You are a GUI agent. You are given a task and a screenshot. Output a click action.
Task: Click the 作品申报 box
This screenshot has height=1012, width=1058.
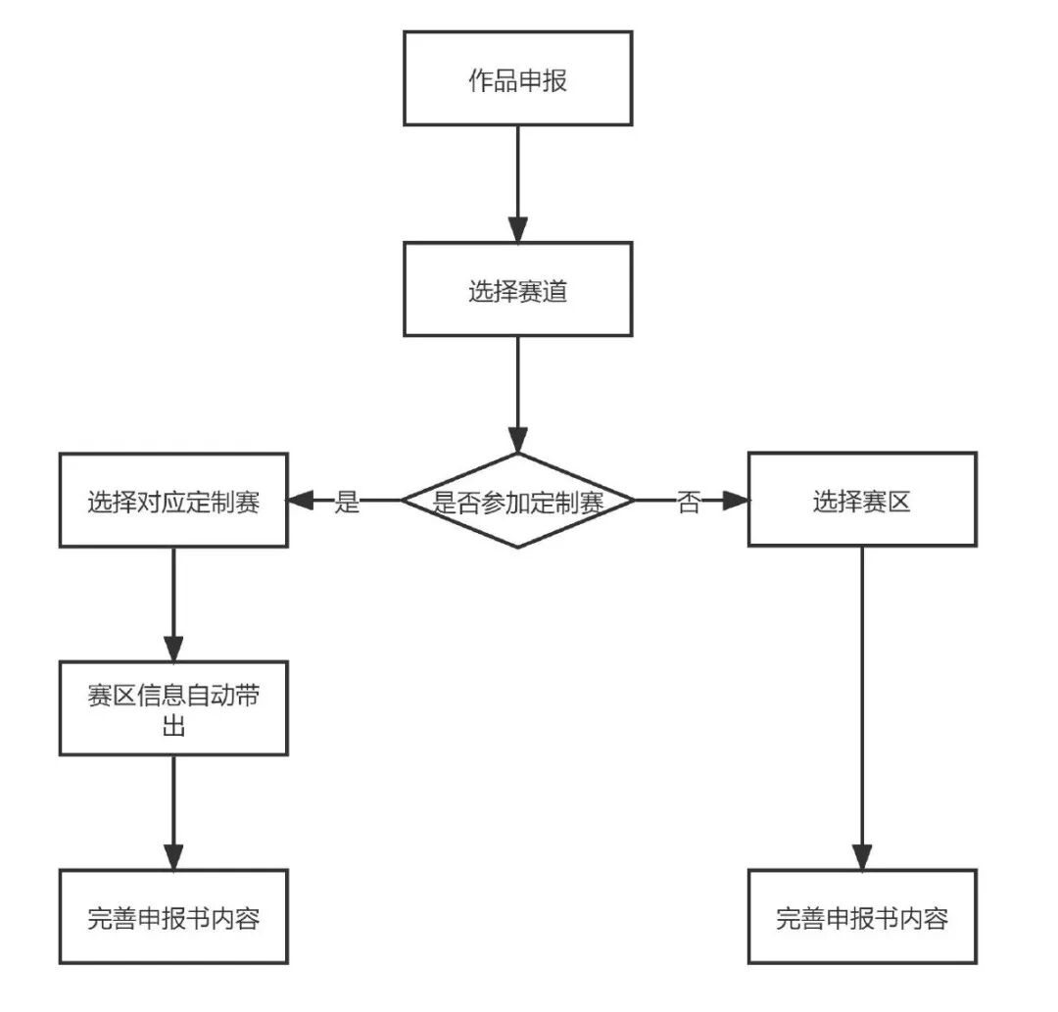[x=517, y=78]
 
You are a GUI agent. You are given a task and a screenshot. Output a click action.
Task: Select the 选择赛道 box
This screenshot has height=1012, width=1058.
[x=517, y=290]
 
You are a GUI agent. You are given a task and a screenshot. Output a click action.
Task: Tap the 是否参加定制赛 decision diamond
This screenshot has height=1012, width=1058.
[x=517, y=502]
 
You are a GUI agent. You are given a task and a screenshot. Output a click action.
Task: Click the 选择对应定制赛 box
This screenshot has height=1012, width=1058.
[x=173, y=502]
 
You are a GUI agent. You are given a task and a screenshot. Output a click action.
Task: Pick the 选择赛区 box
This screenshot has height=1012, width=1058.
[x=862, y=502]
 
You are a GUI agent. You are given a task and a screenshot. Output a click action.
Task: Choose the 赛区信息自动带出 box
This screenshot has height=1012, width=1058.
[x=173, y=708]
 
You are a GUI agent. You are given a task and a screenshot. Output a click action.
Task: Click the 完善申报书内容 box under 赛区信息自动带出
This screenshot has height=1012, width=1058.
[x=173, y=917]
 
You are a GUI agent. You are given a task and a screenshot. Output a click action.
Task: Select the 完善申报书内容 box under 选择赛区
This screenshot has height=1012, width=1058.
[x=862, y=917]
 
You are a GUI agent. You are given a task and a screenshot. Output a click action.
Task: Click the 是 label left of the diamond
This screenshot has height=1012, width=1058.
[x=348, y=503]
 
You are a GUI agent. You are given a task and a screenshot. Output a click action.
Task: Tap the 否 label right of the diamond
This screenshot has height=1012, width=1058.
[x=690, y=503]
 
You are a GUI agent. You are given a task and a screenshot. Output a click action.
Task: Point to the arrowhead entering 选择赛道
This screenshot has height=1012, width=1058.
[x=517, y=228]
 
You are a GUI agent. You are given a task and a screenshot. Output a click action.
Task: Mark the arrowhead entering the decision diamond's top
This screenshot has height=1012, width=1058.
[x=517, y=439]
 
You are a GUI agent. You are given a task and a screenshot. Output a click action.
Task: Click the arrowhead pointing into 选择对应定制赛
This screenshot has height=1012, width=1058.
[x=300, y=502]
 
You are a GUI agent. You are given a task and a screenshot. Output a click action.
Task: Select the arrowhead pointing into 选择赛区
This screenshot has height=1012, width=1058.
[x=736, y=502]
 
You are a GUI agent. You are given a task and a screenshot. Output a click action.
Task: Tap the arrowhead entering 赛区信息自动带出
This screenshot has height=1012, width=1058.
[x=173, y=648]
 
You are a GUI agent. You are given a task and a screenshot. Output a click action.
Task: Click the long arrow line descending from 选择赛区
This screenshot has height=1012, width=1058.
[x=862, y=686]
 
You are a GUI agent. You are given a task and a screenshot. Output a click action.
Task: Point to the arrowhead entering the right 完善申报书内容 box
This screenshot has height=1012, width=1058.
[x=862, y=856]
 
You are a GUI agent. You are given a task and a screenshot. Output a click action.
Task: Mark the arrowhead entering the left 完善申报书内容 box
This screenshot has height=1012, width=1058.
[x=173, y=856]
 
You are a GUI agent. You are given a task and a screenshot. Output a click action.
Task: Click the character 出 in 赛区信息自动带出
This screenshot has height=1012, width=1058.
[x=173, y=728]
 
